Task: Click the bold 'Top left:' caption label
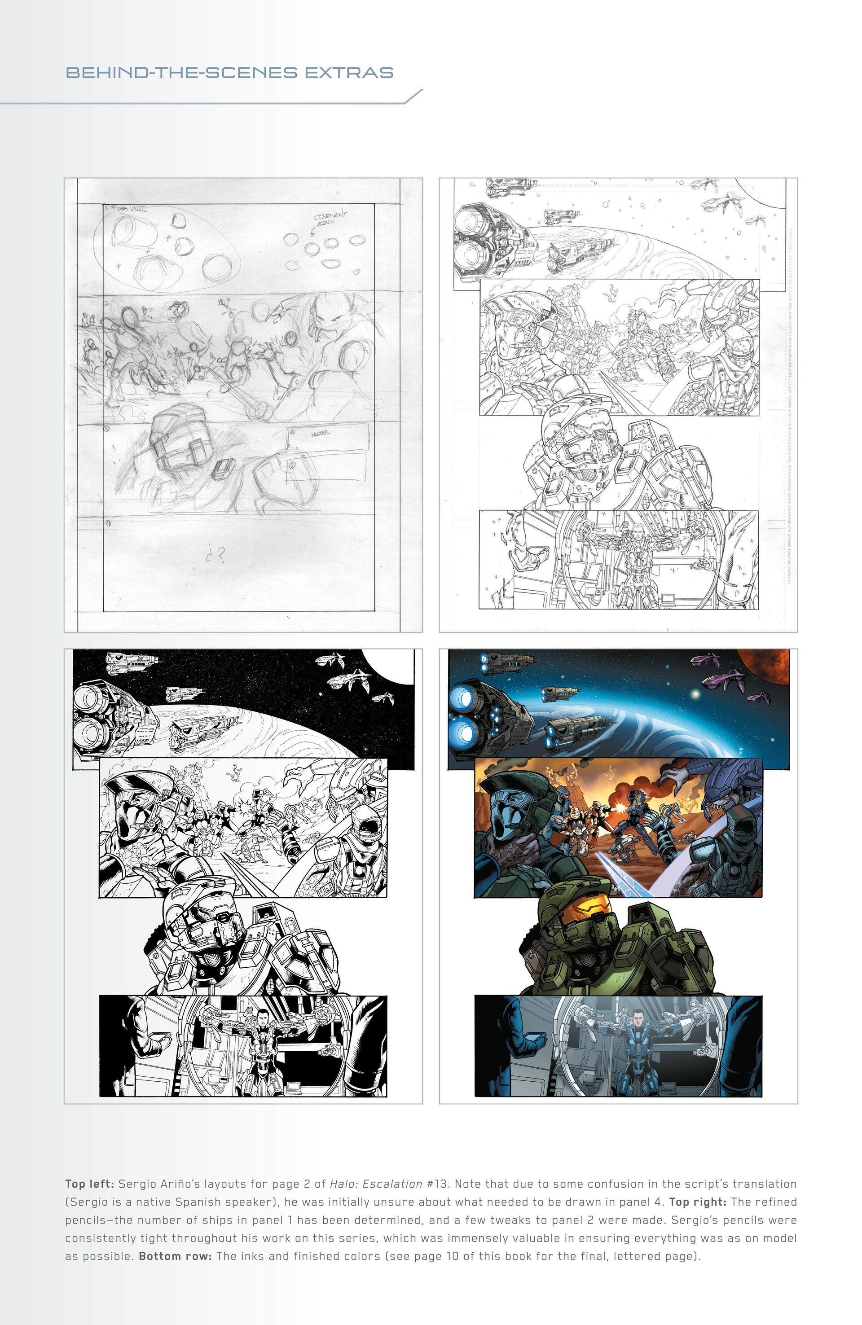click(x=90, y=1184)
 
